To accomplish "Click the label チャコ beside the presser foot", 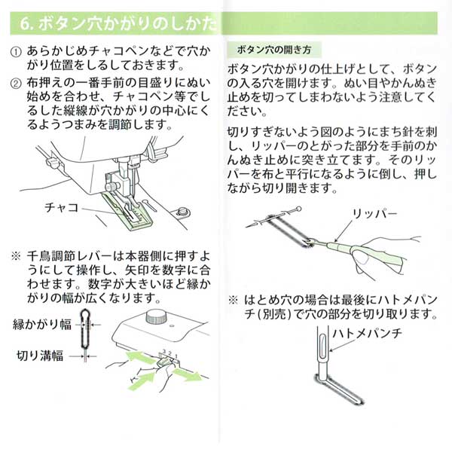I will (63, 203).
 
